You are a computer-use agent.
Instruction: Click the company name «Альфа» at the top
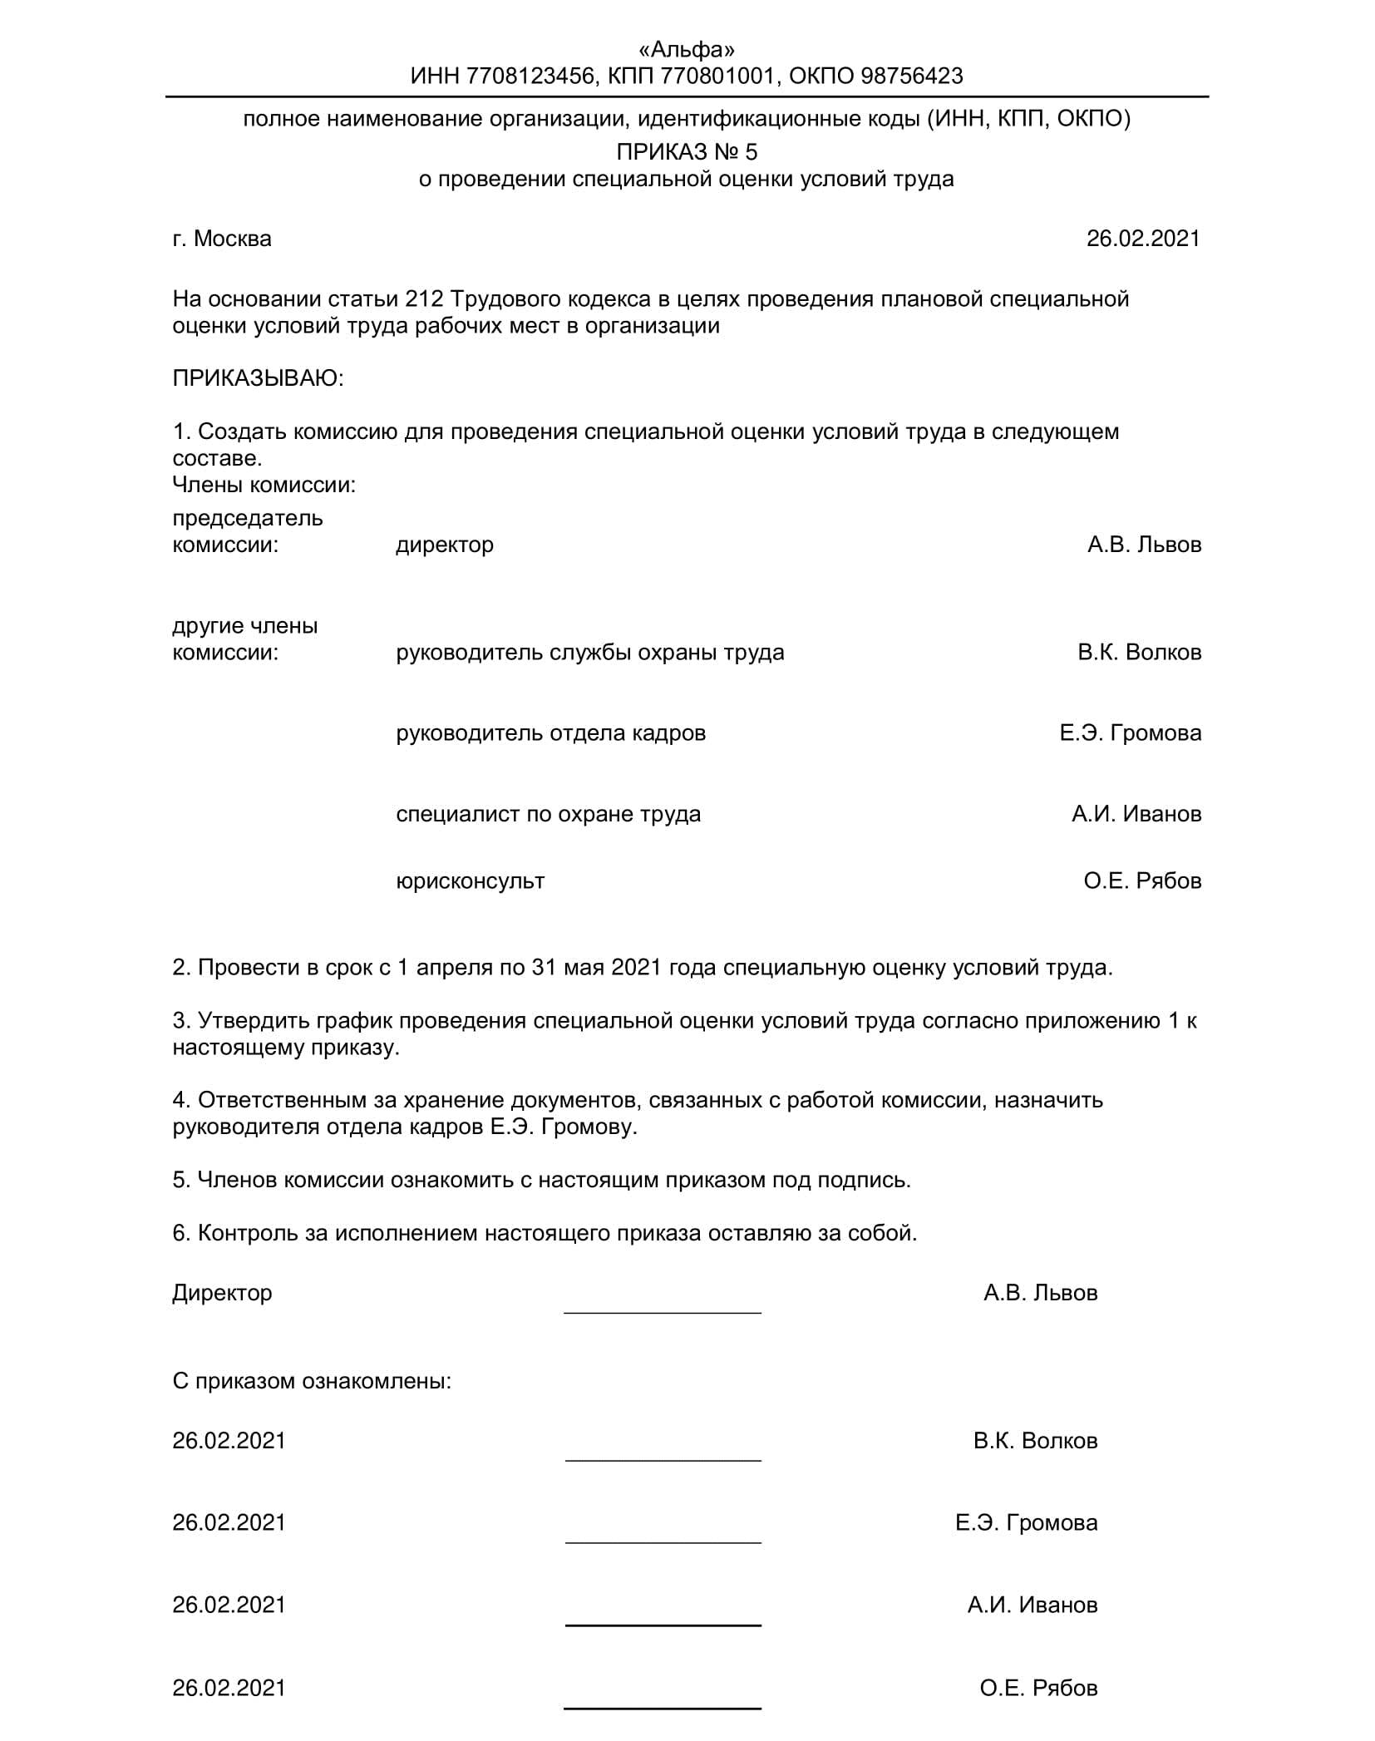click(687, 50)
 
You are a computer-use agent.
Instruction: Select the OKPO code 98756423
click(912, 76)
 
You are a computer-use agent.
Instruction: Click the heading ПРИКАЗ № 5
click(687, 152)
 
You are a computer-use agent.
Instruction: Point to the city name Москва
click(232, 239)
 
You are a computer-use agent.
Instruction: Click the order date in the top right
click(1143, 239)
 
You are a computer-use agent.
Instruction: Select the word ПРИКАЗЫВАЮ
click(258, 378)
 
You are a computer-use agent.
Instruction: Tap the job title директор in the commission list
click(445, 545)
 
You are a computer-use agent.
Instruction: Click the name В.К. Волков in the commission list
click(1139, 652)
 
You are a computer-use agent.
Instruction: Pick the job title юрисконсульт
click(471, 880)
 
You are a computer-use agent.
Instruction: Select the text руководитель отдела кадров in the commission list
click(551, 732)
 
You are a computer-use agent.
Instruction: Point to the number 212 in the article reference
click(423, 298)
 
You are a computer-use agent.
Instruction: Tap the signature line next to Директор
click(663, 1310)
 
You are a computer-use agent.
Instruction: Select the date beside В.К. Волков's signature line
click(229, 1440)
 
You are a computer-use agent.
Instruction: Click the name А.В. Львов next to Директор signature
click(1040, 1293)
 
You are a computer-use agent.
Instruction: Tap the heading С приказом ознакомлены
click(312, 1381)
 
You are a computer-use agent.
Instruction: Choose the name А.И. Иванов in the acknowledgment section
click(1032, 1605)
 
